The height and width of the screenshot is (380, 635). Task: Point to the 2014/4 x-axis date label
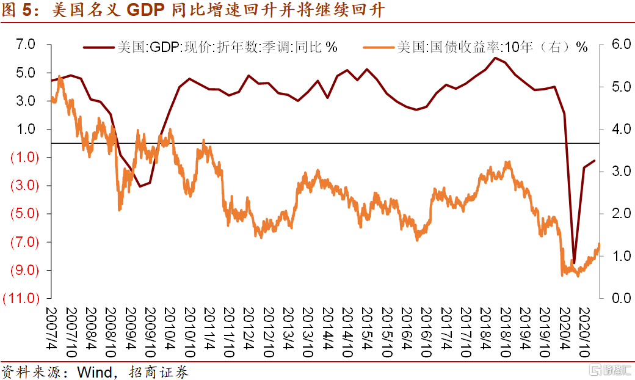327,334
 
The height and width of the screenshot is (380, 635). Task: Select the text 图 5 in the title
15,10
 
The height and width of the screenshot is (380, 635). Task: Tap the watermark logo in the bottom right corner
608,370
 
